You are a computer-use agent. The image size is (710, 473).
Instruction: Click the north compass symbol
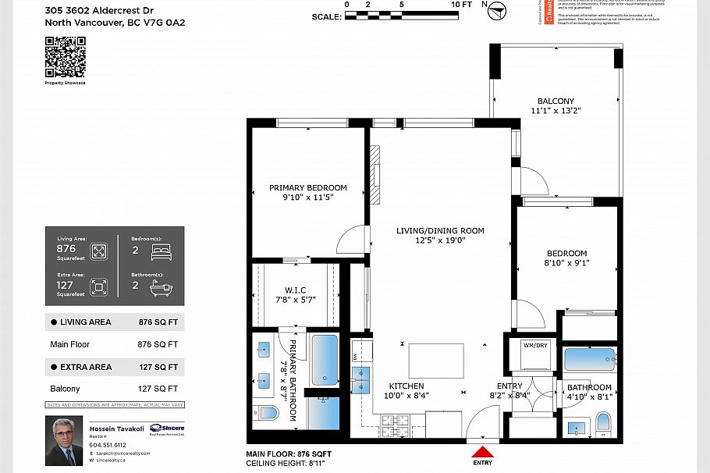pos(497,10)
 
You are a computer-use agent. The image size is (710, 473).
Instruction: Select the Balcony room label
pos(556,101)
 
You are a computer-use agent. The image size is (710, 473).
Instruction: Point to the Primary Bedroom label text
pos(307,187)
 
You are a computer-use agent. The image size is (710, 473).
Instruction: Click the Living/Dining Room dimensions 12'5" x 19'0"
pos(440,240)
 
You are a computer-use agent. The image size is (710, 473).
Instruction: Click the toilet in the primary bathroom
pos(267,412)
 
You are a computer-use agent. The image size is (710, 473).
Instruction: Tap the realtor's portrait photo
pos(63,441)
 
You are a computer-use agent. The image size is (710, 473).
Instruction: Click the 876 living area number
pos(66,248)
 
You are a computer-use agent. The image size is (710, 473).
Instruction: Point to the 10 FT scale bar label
pos(462,5)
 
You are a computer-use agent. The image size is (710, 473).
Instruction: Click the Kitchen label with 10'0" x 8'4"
pos(406,391)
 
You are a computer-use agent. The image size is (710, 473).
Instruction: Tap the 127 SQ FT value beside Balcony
pos(158,389)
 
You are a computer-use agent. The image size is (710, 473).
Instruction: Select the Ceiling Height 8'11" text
pos(283,464)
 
